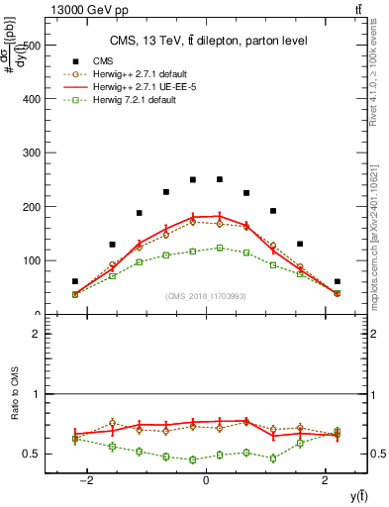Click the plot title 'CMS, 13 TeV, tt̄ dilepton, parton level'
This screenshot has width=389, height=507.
tap(207, 41)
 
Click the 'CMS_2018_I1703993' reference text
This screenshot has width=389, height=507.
tap(207, 296)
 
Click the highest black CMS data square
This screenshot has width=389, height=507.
tap(220, 179)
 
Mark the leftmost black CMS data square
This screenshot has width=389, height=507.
tap(75, 281)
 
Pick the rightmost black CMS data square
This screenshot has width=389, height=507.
tap(337, 281)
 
